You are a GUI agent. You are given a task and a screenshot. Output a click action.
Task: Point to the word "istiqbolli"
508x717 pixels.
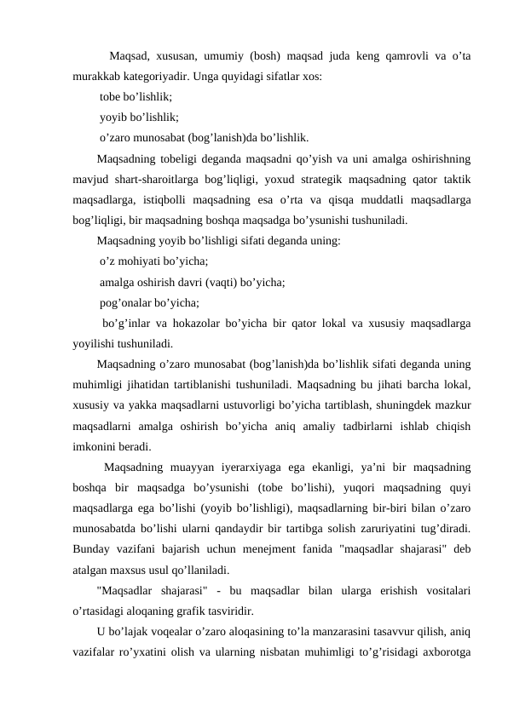(180, 199)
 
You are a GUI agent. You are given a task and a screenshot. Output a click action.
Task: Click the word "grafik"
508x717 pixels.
(188, 611)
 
